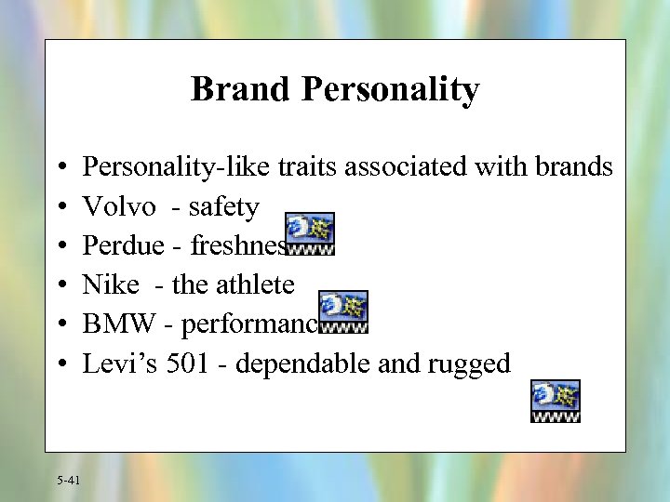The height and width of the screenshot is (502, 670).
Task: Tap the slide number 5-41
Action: pos(68,480)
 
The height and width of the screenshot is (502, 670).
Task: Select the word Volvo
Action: pos(119,206)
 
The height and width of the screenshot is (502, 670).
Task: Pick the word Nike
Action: pos(111,284)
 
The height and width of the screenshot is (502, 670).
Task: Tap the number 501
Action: pos(188,363)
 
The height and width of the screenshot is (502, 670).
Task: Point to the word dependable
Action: pos(303,363)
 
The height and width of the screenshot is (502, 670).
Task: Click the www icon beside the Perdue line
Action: pos(310,233)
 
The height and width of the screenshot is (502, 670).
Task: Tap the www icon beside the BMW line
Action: pos(343,311)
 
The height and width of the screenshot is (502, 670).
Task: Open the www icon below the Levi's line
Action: pos(556,401)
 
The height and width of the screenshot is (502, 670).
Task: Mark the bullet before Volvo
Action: pos(60,207)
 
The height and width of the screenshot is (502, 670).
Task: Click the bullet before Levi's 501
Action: pos(60,363)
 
